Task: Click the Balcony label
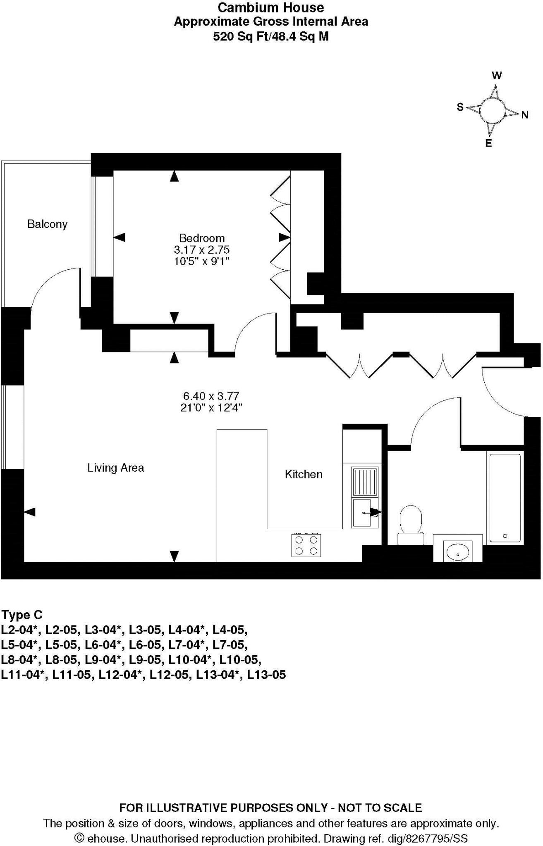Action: (47, 224)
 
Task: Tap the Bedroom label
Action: (202, 238)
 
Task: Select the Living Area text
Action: (116, 468)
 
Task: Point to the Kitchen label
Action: (304, 474)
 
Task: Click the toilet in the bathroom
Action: (411, 524)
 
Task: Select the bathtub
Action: (505, 497)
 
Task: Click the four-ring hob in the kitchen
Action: (306, 545)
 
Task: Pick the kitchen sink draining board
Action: (364, 481)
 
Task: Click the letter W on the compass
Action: (497, 76)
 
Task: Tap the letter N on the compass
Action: (525, 115)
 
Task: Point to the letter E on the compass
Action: (488, 144)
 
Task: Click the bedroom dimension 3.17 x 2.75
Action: (202, 250)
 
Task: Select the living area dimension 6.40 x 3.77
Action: (211, 396)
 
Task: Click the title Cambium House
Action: (271, 7)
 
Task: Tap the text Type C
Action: (22, 615)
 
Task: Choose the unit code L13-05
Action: (266, 675)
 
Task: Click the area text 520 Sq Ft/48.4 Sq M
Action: (271, 37)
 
